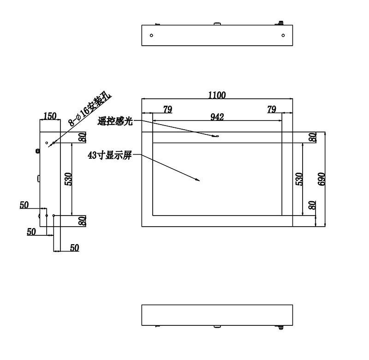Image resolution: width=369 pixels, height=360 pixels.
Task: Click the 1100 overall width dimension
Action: (217, 95)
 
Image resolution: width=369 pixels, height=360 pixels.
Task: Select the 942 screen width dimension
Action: (217, 117)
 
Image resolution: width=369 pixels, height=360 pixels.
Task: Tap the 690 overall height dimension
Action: (321, 179)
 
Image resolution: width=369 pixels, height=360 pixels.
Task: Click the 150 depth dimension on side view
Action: (50, 116)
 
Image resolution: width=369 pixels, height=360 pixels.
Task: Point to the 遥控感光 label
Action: (115, 121)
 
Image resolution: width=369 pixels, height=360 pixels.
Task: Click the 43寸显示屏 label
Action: (109, 156)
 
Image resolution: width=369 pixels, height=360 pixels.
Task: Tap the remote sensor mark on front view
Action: (215, 136)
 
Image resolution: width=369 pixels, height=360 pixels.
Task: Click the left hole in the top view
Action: (152, 36)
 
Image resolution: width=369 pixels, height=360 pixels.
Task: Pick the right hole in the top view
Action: (283, 36)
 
